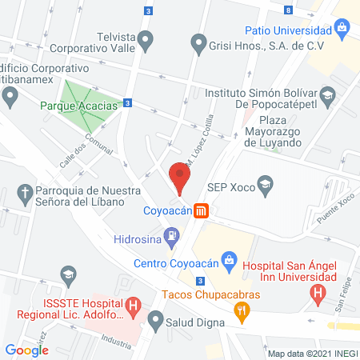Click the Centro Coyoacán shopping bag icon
229,259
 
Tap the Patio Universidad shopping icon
342,30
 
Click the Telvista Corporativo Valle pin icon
145,38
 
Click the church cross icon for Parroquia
24,192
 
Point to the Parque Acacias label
78,105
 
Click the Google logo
26,349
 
